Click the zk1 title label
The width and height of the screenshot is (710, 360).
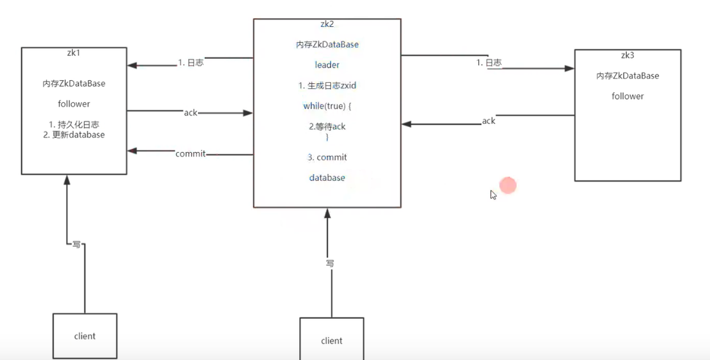(x=74, y=53)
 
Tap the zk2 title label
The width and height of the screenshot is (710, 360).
(x=327, y=25)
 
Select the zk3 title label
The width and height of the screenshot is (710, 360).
(x=627, y=55)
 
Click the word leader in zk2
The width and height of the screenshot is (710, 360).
(x=327, y=64)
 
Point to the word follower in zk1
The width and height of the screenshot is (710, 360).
(x=74, y=104)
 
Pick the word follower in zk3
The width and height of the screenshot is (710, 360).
(x=627, y=96)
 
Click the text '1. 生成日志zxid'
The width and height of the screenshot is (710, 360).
(x=327, y=85)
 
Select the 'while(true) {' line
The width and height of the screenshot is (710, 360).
(x=327, y=106)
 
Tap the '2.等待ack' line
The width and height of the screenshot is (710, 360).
(x=327, y=126)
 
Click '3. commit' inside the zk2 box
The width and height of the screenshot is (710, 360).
(x=327, y=158)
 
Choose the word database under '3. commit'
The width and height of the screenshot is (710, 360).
(x=327, y=178)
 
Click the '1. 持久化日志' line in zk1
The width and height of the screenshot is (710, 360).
(x=74, y=124)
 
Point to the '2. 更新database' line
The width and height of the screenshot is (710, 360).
(x=74, y=135)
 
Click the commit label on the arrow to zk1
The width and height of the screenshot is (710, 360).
(x=190, y=153)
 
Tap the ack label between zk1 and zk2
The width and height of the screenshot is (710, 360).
(x=191, y=113)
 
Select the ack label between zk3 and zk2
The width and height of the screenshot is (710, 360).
(x=489, y=121)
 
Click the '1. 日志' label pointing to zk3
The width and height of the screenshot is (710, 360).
(x=489, y=63)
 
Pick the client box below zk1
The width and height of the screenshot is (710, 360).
(x=85, y=335)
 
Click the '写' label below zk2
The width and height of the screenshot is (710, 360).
(x=330, y=263)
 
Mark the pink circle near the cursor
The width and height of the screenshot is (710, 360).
(x=508, y=185)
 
